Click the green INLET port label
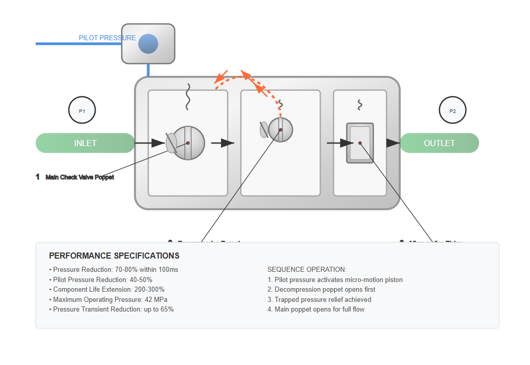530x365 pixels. [85, 143]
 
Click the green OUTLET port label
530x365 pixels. [439, 143]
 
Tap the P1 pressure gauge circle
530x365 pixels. [82, 110]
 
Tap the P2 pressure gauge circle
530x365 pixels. [453, 110]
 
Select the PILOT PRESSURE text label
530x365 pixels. [107, 38]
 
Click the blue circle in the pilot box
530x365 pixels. [148, 44]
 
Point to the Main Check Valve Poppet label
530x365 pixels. [79, 177]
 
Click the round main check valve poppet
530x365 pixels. [188, 143]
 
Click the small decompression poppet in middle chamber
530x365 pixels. [280, 130]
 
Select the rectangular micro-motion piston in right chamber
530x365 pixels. [360, 143]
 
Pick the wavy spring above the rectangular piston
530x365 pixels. [360, 105]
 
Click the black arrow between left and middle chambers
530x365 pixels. [222, 143]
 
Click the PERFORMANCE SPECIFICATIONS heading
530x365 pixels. [114, 256]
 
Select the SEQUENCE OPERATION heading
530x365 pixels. [307, 270]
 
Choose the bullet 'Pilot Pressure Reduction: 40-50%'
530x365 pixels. [102, 279]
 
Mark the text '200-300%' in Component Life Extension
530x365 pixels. [151, 289]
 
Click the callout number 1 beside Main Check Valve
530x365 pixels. [38, 177]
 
